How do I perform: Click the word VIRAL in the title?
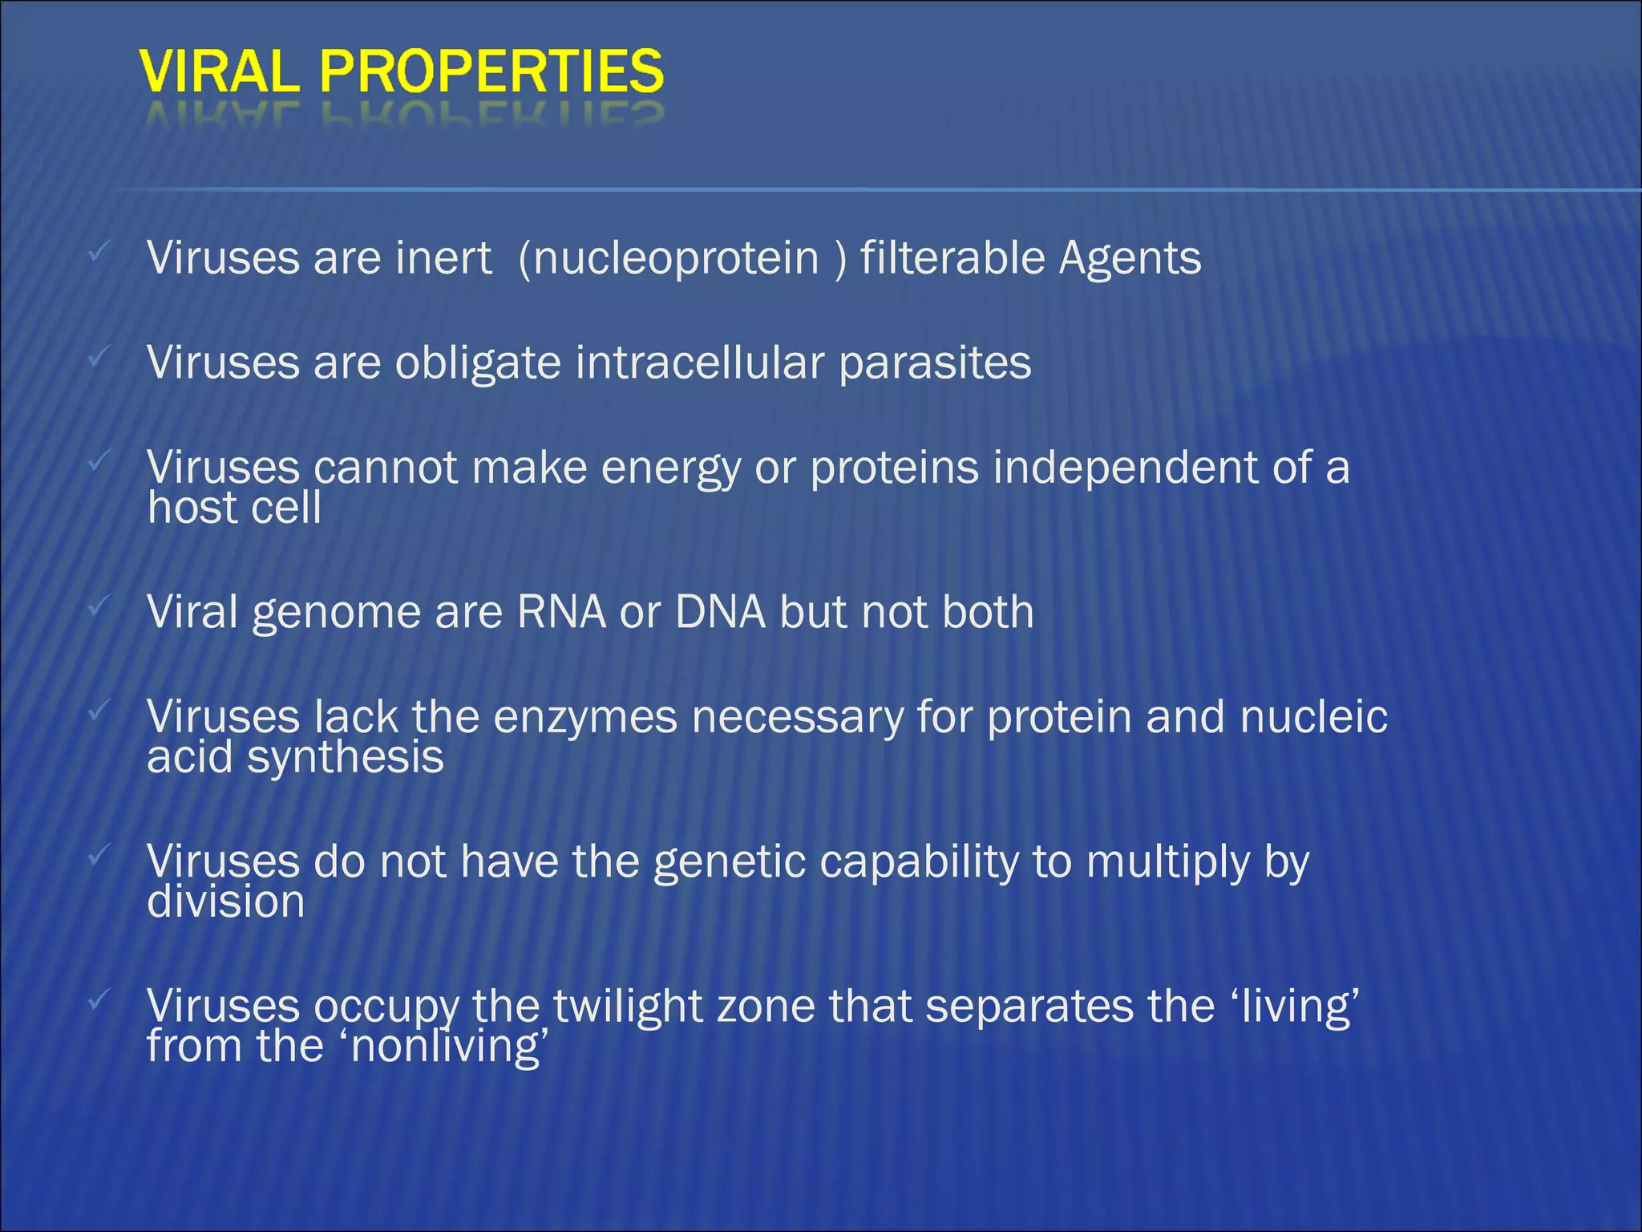220,71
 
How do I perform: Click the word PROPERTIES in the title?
491,71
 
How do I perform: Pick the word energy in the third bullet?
670,469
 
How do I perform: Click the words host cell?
234,509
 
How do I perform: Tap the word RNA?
561,612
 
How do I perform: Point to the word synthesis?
345,757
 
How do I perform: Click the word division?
225,902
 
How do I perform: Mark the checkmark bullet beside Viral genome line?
98,606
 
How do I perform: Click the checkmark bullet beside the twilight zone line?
98,999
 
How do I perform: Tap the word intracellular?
699,363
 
